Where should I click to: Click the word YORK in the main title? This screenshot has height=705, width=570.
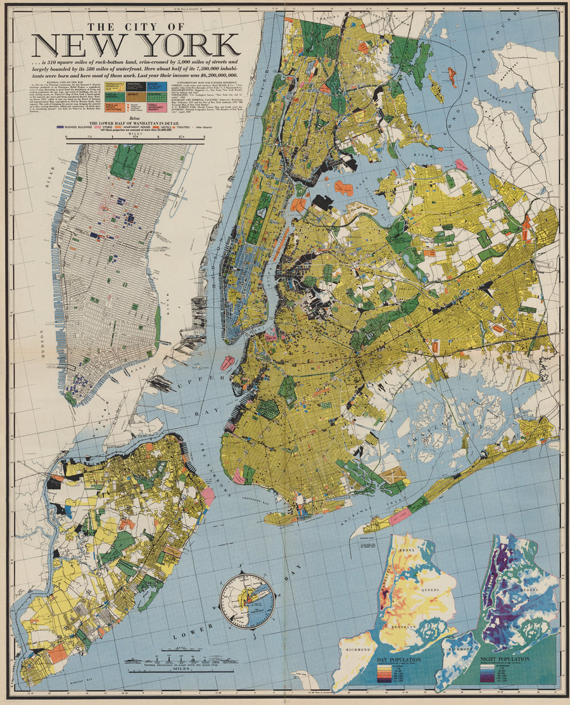pos(190,46)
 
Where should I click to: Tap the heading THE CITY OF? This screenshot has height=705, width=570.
pos(136,27)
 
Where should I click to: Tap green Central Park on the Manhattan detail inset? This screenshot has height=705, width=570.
pos(126,162)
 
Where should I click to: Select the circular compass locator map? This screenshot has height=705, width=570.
pos(247,600)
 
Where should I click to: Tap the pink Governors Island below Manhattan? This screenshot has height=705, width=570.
pos(226,363)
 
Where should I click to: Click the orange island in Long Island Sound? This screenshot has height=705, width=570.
pos(452,77)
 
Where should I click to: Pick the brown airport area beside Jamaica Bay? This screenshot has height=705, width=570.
pos(395,474)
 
